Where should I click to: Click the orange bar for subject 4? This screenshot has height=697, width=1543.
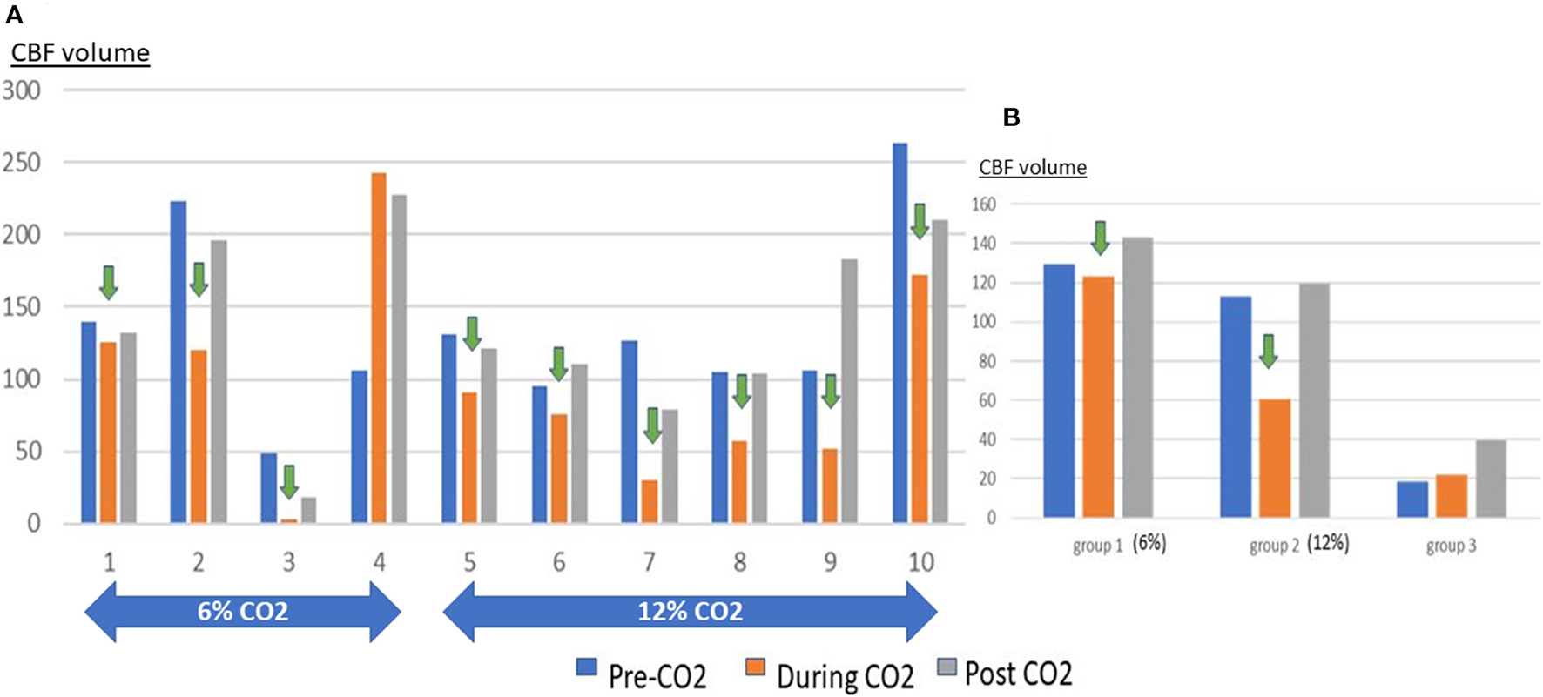[x=379, y=348]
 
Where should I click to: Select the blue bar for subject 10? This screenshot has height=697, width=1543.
[x=900, y=333]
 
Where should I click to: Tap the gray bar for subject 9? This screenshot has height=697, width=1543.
[x=849, y=392]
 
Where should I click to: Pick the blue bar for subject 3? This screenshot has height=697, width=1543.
[x=269, y=488]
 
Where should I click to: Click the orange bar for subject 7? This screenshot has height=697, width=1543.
[x=650, y=501]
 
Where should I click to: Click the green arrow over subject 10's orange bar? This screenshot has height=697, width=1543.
[x=920, y=222]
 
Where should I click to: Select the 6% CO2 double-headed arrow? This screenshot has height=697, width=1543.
[x=242, y=612]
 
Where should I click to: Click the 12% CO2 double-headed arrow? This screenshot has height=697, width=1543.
[x=690, y=612]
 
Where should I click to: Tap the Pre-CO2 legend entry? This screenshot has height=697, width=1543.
[x=643, y=674]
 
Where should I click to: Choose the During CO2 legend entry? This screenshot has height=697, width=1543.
[x=830, y=674]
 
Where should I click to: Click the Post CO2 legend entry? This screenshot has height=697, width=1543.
[x=1005, y=672]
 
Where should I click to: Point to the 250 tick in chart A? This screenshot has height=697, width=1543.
[x=21, y=163]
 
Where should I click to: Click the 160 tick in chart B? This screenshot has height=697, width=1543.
[x=984, y=204]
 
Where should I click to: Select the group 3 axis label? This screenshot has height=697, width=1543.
[x=1451, y=546]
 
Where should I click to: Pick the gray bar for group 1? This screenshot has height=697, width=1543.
[x=1137, y=378]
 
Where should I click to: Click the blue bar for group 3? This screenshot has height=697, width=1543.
[x=1412, y=499]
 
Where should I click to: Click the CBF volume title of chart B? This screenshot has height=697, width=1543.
[x=1033, y=167]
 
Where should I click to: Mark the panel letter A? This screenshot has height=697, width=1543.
[x=14, y=15]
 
